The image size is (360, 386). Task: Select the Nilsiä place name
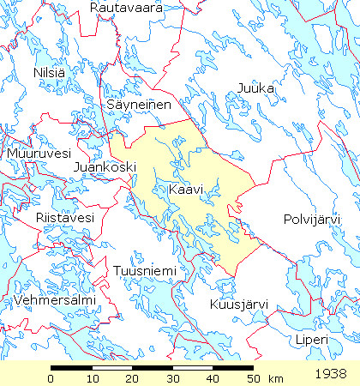pos(49,73)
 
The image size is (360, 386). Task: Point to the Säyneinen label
pos(140,104)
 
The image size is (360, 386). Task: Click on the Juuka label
pos(255,87)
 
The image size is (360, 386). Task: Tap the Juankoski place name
pos(105,166)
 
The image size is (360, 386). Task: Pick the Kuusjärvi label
pos(239,305)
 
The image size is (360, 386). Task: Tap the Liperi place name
pos(312,341)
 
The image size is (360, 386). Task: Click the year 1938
pos(330,375)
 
